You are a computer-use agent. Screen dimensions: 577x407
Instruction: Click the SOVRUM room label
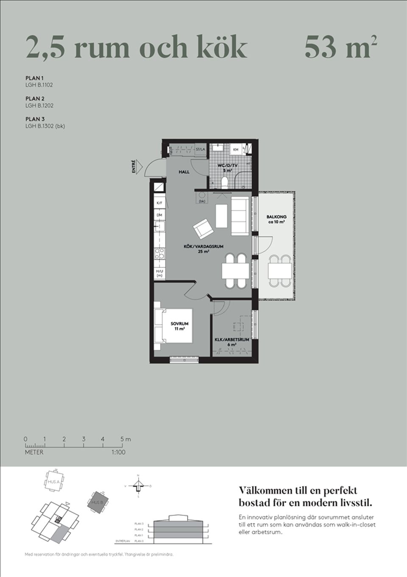179,326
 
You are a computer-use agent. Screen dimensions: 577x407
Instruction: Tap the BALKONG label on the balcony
276,219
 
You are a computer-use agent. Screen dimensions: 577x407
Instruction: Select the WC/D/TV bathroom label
228,167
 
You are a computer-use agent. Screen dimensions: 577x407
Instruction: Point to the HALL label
184,172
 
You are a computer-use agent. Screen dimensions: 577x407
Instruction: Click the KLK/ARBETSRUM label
231,341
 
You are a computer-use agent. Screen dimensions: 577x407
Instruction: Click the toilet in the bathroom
225,181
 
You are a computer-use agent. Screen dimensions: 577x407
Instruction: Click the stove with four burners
160,254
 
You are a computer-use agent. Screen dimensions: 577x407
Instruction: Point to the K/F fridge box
159,203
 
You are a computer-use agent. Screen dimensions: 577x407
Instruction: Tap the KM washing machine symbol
236,150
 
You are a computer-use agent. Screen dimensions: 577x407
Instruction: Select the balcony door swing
265,246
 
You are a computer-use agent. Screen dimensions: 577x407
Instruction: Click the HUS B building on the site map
100,502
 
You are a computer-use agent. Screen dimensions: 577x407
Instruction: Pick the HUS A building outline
54,481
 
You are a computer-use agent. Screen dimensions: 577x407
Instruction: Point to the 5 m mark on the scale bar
123,439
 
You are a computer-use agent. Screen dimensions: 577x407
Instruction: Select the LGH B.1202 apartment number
39,105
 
